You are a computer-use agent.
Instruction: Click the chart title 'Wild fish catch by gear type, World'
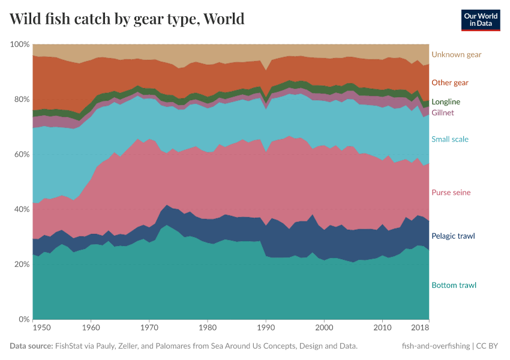127,19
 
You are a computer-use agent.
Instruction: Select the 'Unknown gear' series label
456,55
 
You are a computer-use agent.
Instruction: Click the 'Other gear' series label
449,83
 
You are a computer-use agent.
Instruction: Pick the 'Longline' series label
446,102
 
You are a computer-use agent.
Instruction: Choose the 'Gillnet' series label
443,113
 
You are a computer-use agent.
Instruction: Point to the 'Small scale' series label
449,139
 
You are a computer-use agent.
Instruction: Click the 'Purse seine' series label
451,193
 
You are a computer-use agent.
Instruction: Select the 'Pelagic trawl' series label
452,236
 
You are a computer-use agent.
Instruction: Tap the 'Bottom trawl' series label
453,285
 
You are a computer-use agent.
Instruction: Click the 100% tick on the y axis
20,45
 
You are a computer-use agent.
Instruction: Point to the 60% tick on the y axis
21,155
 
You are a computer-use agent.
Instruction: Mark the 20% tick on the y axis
21,265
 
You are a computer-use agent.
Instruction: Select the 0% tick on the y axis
23,319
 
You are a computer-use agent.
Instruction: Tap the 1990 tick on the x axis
266,328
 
